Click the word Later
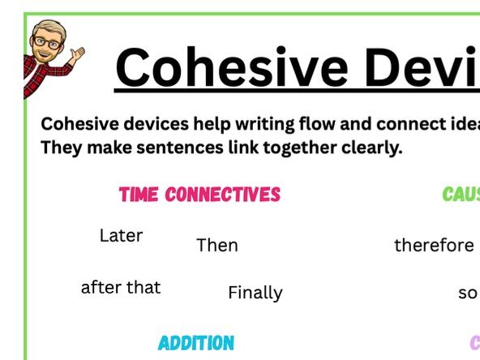pos(121,236)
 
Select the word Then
pos(217,245)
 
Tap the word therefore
pos(434,245)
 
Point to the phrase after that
pos(121,287)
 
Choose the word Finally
pos(255,294)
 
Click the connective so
pos(468,294)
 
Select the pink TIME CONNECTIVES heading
pos(199,195)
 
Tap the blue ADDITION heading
pos(196,343)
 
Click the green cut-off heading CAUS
pos(461,195)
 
